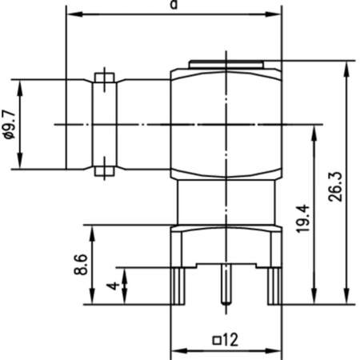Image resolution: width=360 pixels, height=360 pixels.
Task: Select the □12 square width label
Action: pos(226,340)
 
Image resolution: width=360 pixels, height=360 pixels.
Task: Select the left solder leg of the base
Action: pos(180,286)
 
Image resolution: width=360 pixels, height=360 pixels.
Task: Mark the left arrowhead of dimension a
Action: pos(70,14)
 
